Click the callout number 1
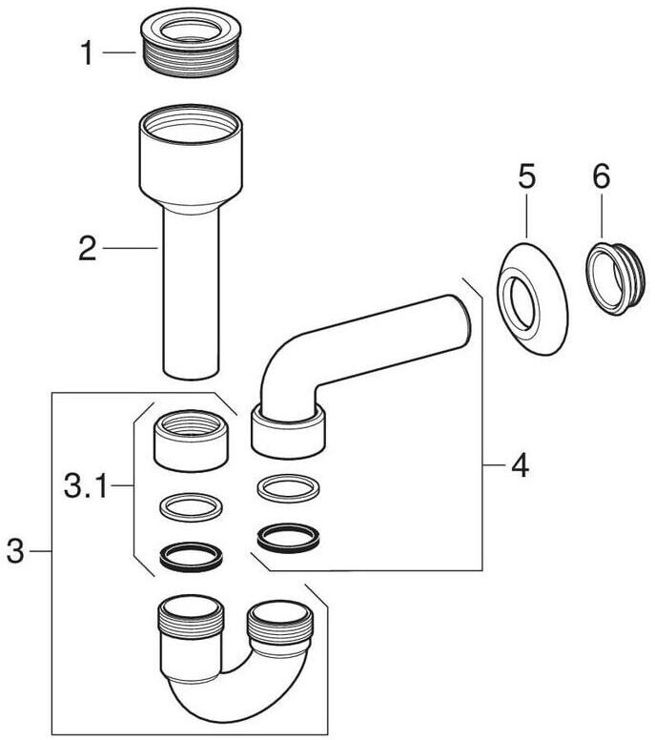click(87, 52)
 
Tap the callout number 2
click(88, 249)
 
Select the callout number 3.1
click(87, 486)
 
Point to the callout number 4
click(520, 465)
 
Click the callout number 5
click(526, 175)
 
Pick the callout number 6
click(602, 176)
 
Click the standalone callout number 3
click(15, 551)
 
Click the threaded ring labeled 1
click(191, 43)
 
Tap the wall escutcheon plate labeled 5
click(532, 299)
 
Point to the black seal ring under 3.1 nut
click(191, 556)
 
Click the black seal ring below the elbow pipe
click(288, 539)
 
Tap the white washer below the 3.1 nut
click(192, 507)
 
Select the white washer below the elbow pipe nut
click(288, 488)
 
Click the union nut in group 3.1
click(191, 441)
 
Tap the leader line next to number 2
click(131, 248)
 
